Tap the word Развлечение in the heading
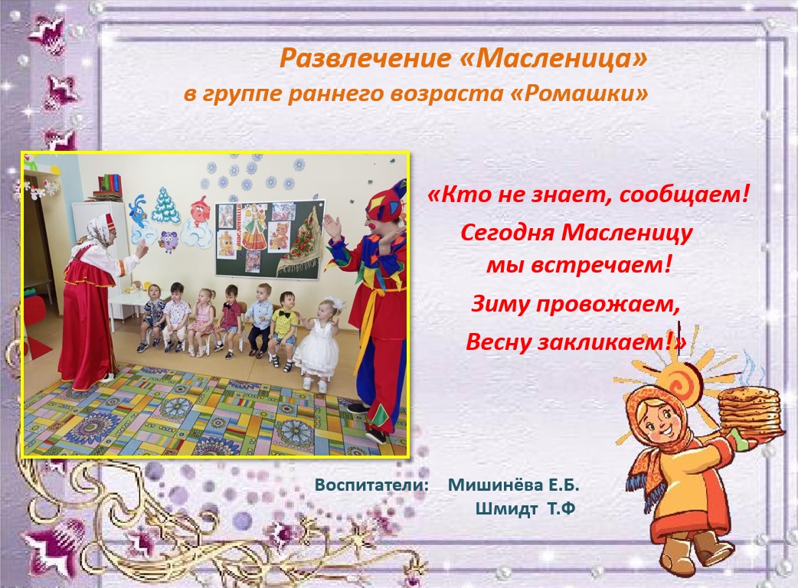point(365,58)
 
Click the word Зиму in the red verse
point(497,304)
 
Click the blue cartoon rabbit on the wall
point(138,208)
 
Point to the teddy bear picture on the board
point(278,236)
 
